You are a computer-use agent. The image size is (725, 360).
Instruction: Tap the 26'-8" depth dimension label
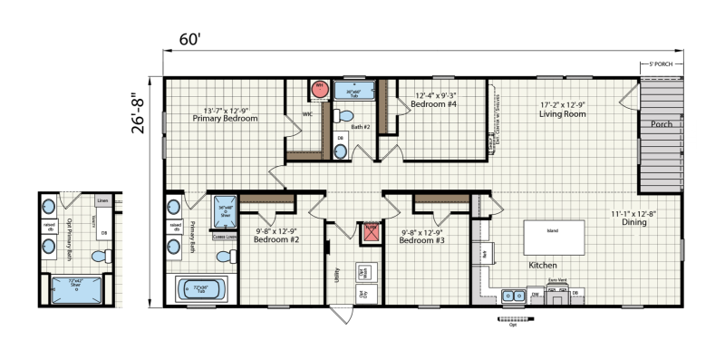(x=139, y=111)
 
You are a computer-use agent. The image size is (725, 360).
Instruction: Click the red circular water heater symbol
(x=319, y=89)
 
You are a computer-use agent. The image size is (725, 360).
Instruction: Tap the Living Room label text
(x=562, y=110)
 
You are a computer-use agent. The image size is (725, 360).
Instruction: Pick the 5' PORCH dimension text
(x=660, y=65)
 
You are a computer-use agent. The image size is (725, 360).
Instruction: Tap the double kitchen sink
(x=514, y=294)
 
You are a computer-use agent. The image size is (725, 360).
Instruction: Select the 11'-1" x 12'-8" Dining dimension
(x=639, y=218)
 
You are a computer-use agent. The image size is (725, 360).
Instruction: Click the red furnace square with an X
(x=369, y=234)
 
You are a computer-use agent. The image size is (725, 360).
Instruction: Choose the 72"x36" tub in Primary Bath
(x=199, y=290)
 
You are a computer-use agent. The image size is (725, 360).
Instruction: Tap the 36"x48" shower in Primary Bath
(x=223, y=215)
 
